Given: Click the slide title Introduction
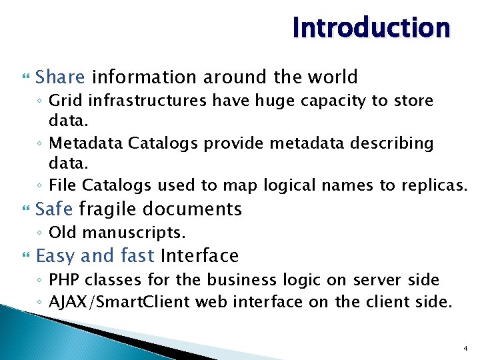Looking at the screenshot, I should tap(371, 28).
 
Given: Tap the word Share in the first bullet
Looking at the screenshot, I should tap(60, 77).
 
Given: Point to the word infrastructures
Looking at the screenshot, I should tap(136, 101).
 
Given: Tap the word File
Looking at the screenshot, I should tap(61, 185).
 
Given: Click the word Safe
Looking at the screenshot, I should tap(54, 209).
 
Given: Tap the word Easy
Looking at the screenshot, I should tap(55, 256).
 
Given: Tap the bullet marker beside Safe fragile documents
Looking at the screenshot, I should tap(26, 210).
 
